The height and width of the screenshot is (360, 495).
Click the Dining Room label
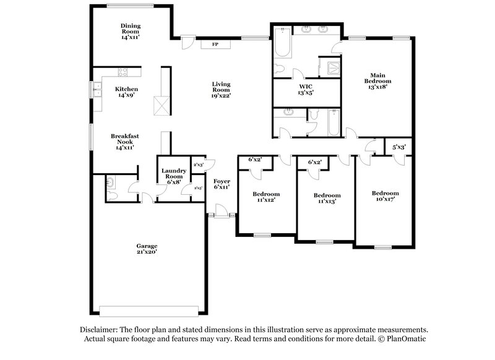131,31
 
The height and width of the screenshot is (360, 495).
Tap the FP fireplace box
215,44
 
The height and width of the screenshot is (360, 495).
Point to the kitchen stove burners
123,72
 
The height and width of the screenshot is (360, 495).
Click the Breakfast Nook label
124,142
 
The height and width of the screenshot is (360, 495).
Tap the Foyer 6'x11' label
222,184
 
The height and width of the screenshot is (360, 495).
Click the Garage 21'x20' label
147,249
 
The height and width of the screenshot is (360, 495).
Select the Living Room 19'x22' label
221,90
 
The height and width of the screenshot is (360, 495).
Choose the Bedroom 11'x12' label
265,197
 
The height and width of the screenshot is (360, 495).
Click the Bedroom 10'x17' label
385,196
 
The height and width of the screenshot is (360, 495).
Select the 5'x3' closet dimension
399,147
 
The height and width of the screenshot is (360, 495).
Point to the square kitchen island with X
161,106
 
